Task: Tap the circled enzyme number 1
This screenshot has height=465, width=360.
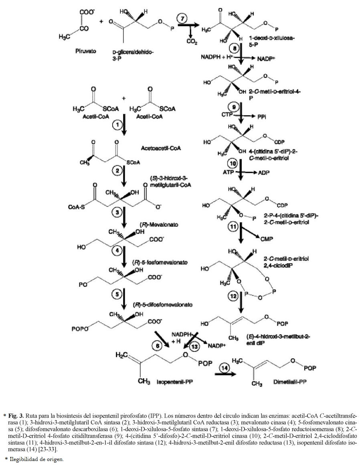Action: [x=116, y=125]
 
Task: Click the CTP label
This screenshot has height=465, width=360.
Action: [x=227, y=115]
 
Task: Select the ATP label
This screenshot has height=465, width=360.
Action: [x=227, y=171]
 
